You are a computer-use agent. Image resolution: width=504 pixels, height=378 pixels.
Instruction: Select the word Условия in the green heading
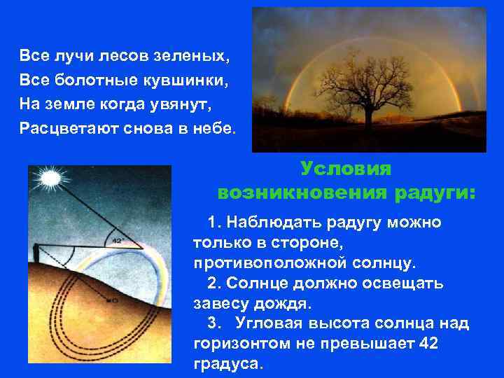[x=346, y=169]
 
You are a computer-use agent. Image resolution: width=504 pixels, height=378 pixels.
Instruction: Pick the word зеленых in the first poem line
[x=195, y=55]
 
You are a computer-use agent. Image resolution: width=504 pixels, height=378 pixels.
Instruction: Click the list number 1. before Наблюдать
[x=213, y=223]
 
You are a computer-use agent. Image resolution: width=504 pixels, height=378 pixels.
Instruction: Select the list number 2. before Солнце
[x=213, y=283]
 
